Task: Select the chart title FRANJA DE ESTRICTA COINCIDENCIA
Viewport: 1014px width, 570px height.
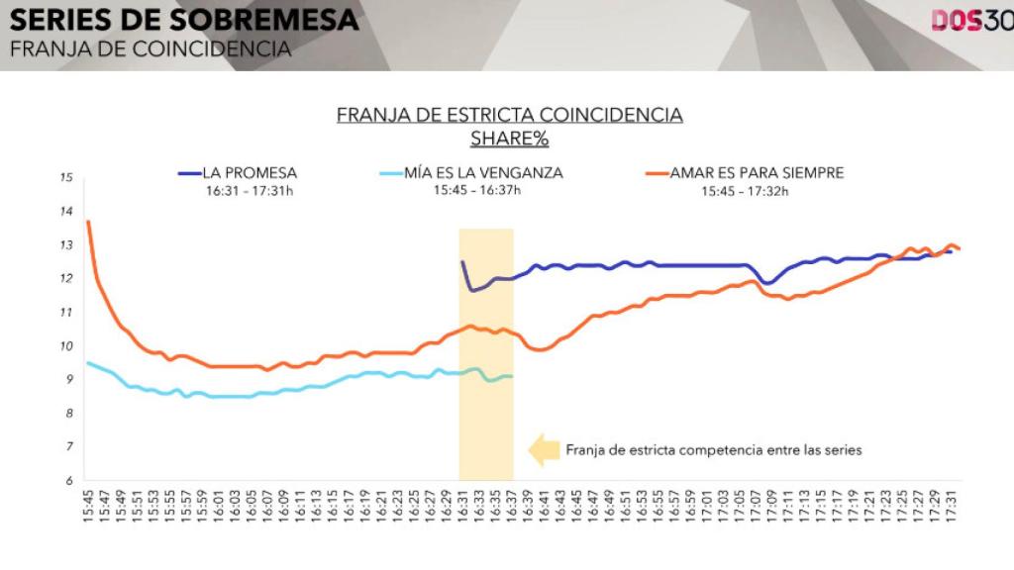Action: (x=509, y=115)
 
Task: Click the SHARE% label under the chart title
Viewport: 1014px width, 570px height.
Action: (x=509, y=139)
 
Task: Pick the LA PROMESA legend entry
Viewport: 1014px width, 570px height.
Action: (x=249, y=173)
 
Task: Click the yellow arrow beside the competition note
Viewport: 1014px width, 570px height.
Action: (x=544, y=449)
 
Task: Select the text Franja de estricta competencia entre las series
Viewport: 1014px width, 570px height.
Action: (x=714, y=449)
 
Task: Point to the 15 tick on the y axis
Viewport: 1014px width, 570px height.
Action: (x=66, y=178)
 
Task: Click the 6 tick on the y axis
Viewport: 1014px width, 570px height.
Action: (x=66, y=481)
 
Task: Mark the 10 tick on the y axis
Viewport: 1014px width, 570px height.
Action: (x=66, y=346)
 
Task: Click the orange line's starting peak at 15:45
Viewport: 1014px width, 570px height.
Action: (x=89, y=222)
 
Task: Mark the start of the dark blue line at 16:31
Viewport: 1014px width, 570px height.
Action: (x=462, y=262)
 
